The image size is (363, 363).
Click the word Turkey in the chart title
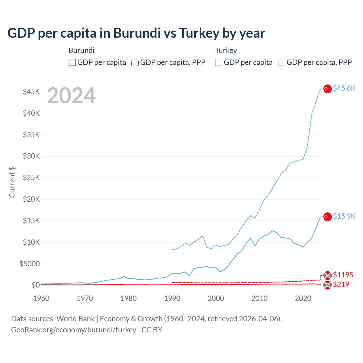(199, 33)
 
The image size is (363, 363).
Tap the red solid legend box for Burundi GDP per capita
(72, 62)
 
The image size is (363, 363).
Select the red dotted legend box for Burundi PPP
(135, 62)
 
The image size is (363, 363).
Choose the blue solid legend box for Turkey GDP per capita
(219, 62)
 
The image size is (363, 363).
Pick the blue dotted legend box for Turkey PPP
(282, 62)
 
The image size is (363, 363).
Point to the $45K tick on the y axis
(31, 92)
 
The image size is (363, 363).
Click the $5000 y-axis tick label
(29, 264)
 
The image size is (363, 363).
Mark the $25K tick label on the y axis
(31, 178)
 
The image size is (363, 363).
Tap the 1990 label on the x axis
(172, 298)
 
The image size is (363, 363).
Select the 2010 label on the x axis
(259, 298)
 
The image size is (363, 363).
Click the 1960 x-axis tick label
(41, 298)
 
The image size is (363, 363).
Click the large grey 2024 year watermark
(71, 96)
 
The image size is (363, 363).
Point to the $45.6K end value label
(344, 88)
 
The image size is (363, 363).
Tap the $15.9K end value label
(344, 216)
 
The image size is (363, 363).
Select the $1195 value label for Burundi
(343, 275)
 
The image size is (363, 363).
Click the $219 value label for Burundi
(341, 284)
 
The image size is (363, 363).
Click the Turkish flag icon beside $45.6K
(328, 89)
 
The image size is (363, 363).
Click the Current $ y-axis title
(12, 182)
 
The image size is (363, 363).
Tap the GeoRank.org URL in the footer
(73, 330)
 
